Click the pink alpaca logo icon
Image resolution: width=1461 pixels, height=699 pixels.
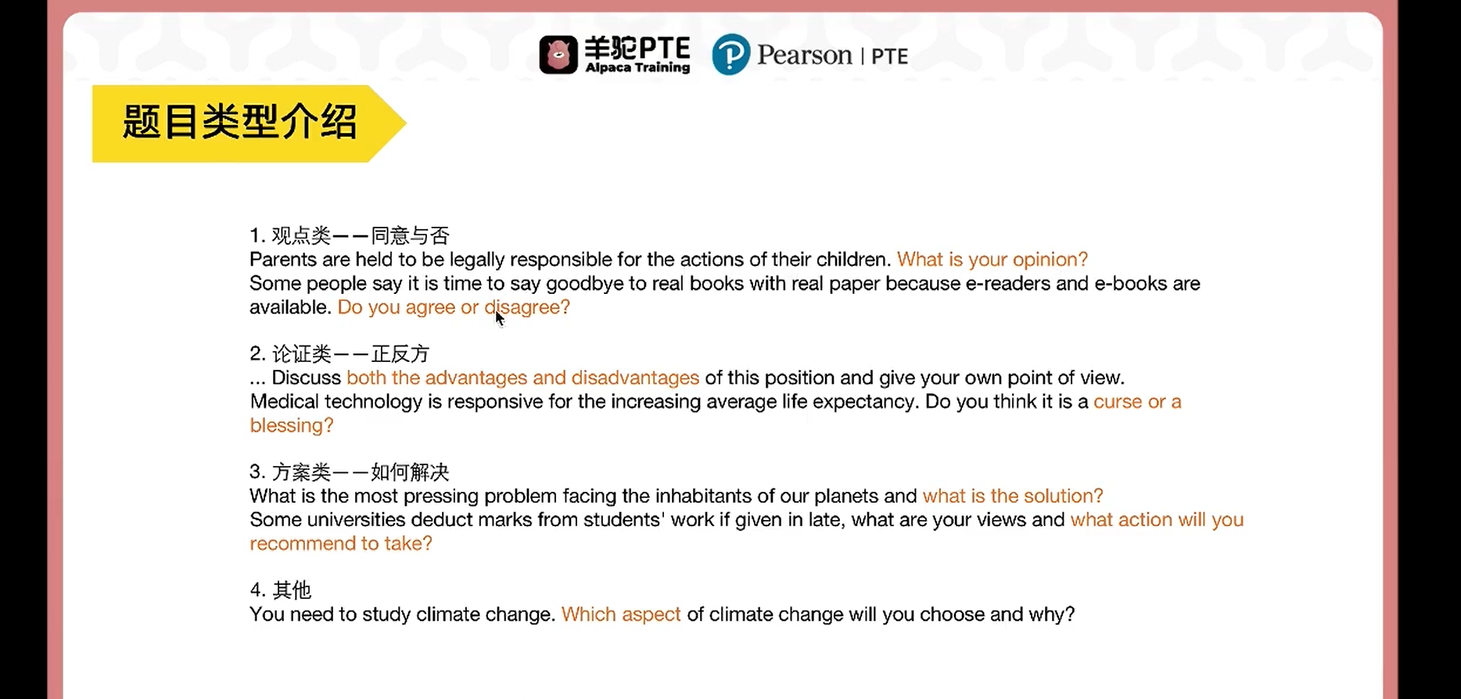[x=558, y=55]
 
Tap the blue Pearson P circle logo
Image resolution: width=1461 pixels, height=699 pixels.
[x=730, y=55]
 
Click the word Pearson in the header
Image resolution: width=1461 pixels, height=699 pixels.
[x=804, y=56]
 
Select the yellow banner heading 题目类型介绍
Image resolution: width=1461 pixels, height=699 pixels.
[x=239, y=123]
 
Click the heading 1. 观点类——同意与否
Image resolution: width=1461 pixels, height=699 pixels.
[x=350, y=235]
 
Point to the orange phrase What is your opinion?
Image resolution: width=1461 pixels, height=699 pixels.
[x=993, y=260]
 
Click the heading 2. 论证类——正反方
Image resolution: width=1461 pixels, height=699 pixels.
[x=340, y=354]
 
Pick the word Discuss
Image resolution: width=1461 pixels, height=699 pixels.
[x=307, y=378]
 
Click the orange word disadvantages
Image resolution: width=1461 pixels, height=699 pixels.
[x=635, y=378]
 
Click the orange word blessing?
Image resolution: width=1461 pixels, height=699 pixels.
[x=292, y=425]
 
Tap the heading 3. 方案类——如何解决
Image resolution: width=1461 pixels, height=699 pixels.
[x=350, y=472]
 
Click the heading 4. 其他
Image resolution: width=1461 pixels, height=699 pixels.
[x=281, y=590]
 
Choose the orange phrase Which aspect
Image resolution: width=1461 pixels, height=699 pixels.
[x=621, y=615]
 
